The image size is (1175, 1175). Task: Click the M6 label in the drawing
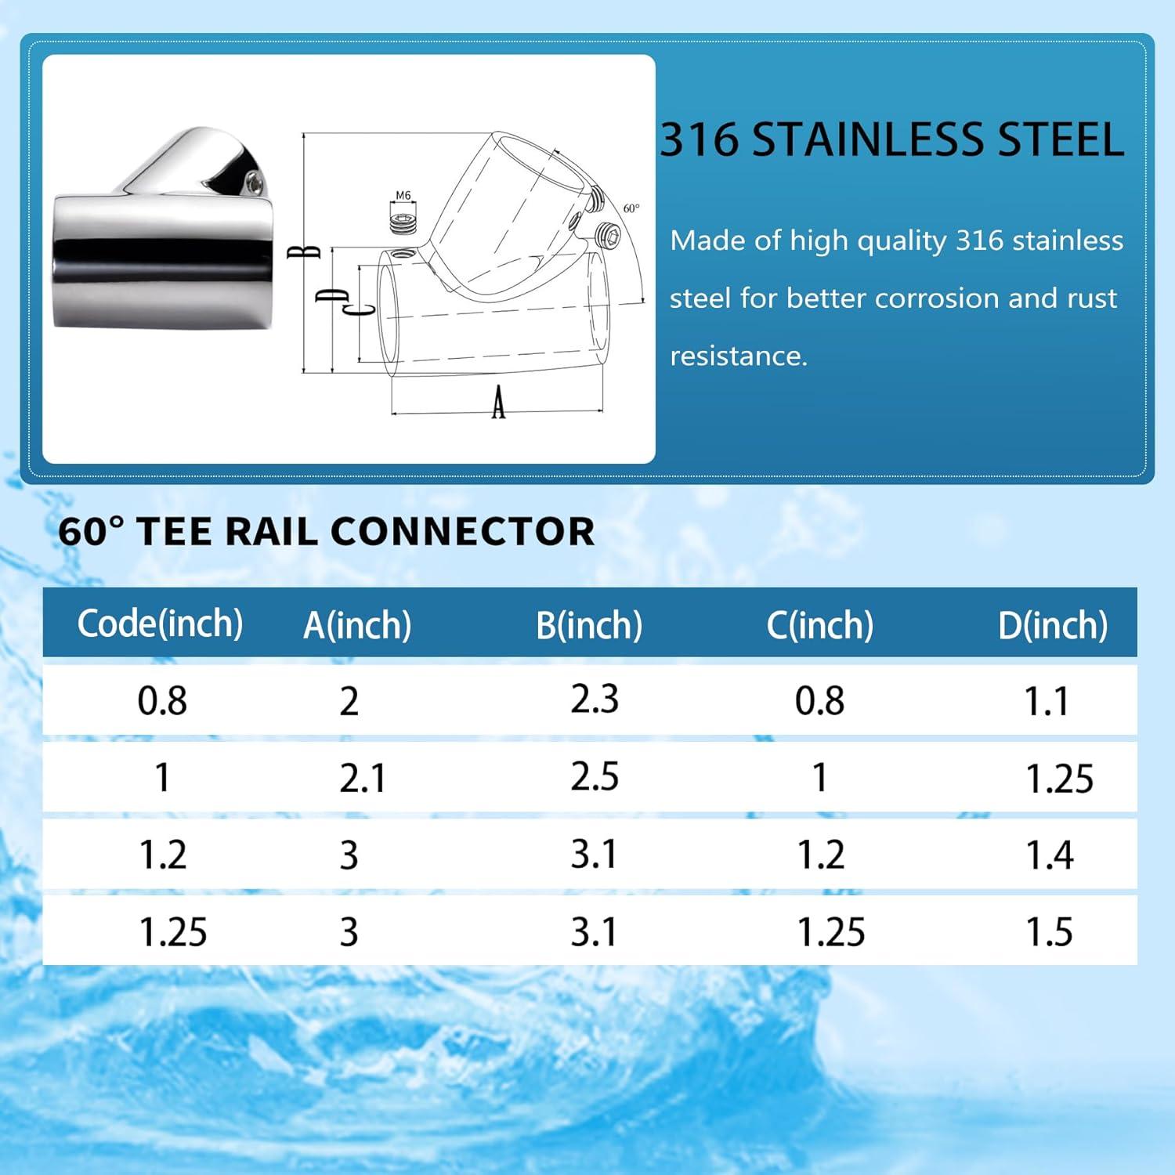pyautogui.click(x=403, y=196)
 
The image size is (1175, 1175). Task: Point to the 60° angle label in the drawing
pyautogui.click(x=631, y=208)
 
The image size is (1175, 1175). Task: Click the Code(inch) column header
pyautogui.click(x=161, y=624)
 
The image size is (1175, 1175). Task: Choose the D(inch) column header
pyautogui.click(x=1053, y=625)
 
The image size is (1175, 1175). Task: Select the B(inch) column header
pyautogui.click(x=589, y=625)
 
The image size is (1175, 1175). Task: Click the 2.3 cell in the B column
pyautogui.click(x=595, y=699)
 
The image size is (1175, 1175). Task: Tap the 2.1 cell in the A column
pyautogui.click(x=363, y=779)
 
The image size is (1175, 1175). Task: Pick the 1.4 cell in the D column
pyautogui.click(x=1050, y=855)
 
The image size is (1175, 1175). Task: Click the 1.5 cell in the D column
pyautogui.click(x=1050, y=931)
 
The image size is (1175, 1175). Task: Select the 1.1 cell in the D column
pyautogui.click(x=1047, y=701)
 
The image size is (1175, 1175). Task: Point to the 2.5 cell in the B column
pyautogui.click(x=595, y=776)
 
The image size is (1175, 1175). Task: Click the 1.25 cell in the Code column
pyautogui.click(x=173, y=932)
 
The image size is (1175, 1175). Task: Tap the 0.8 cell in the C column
pyautogui.click(x=820, y=700)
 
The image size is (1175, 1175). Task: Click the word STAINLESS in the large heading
pyautogui.click(x=866, y=139)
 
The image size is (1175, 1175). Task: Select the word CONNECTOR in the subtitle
pyautogui.click(x=463, y=531)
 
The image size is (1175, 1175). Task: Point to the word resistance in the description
pyautogui.click(x=739, y=356)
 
